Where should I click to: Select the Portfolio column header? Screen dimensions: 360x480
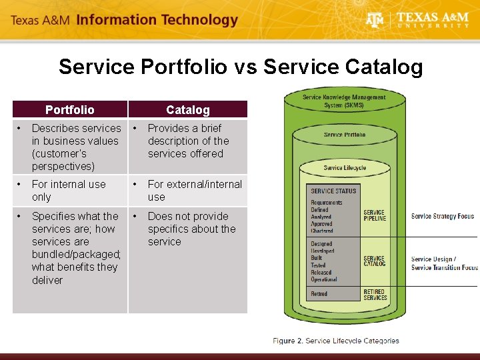point(70,109)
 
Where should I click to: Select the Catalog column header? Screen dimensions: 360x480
point(187,109)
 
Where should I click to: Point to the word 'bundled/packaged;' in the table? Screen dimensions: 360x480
point(76,254)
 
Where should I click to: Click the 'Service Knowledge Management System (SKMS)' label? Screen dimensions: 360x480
point(344,101)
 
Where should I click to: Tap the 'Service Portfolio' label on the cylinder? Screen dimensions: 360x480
point(344,135)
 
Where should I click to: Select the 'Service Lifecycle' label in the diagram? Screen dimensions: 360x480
point(344,167)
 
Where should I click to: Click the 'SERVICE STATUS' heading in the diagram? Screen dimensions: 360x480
point(333,191)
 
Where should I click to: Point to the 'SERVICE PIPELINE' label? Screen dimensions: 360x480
point(375,215)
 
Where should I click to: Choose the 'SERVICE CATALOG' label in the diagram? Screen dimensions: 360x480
point(375,261)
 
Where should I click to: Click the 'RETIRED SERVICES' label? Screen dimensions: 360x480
point(375,294)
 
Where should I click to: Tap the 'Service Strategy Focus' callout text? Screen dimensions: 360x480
point(442,216)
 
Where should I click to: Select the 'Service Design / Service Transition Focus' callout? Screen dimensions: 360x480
point(444,263)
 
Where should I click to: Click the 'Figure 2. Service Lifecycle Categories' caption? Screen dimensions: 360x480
point(335,341)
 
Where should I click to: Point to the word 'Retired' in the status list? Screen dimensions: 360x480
point(319,293)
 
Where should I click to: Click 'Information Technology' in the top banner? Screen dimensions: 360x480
point(157,19)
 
